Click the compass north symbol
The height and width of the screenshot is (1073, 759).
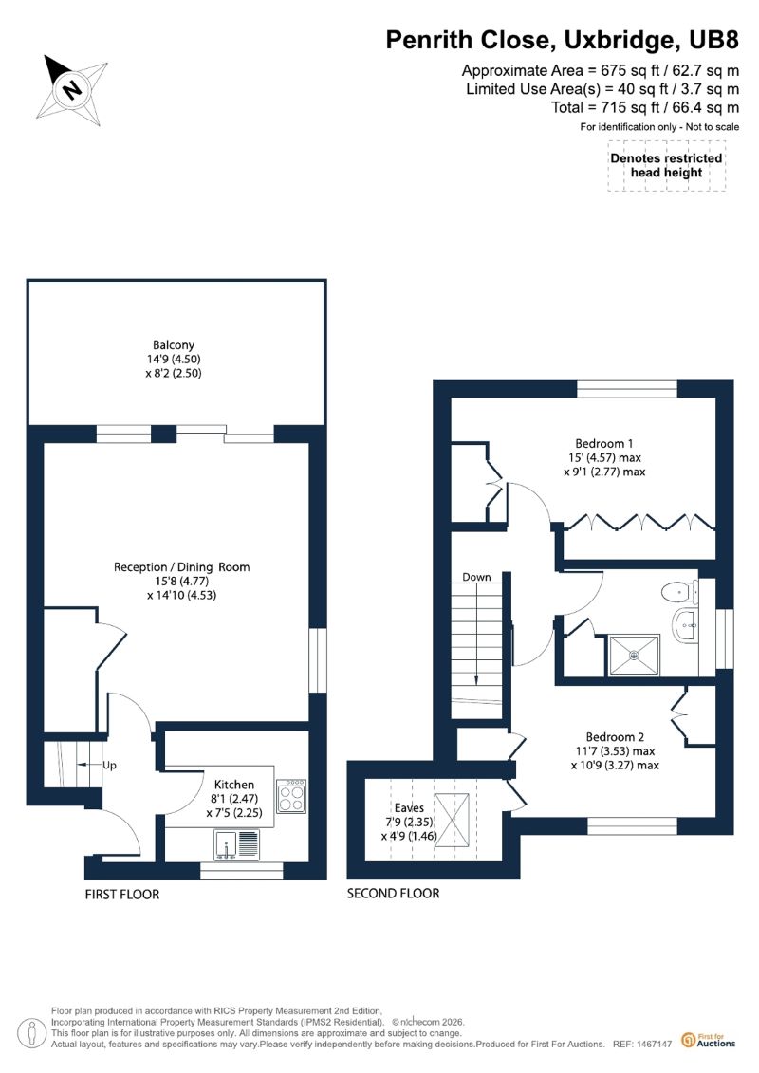point(72,90)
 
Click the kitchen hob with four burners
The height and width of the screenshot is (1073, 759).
point(291,796)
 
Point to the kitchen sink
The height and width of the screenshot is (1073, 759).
point(237,843)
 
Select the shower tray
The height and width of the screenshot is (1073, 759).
point(635,655)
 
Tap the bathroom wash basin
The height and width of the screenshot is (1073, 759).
point(685,625)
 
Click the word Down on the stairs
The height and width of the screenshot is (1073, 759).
point(476,577)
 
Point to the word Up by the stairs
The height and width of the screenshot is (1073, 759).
point(109,765)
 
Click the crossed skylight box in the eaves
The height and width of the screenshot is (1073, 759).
point(454,820)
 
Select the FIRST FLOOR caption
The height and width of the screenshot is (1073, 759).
point(121,895)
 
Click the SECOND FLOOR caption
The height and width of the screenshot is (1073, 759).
point(394,893)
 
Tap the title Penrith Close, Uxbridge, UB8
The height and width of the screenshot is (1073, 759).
point(562,40)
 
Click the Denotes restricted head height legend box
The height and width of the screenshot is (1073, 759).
point(667,166)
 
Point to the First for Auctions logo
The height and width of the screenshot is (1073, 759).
point(709,1041)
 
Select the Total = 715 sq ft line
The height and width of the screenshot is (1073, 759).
point(645,107)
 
